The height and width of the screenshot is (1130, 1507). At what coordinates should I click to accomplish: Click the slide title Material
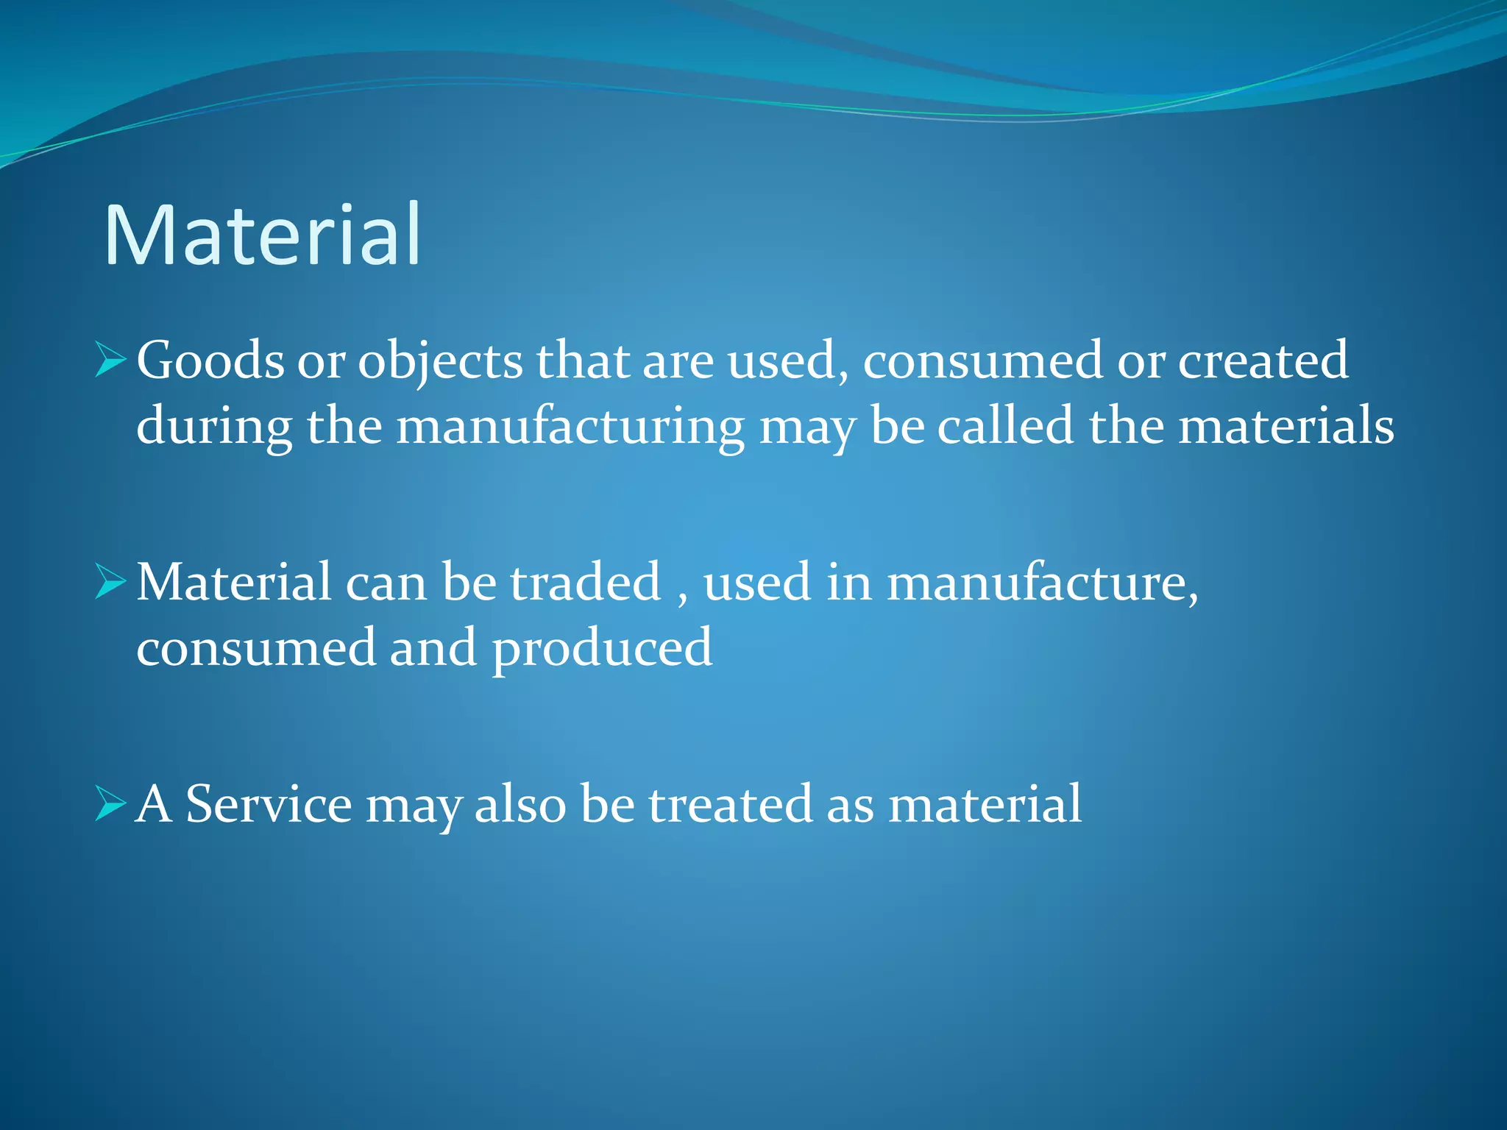(x=263, y=235)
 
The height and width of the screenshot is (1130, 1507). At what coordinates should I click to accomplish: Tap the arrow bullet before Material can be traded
(x=110, y=582)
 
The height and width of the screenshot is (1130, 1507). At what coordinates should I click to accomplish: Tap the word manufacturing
(x=570, y=428)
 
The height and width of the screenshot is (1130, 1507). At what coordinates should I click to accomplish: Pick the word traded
(x=586, y=582)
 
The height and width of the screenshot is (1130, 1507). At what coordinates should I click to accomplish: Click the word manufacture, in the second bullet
(x=1042, y=582)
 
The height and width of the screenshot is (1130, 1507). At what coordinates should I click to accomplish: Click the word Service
(x=269, y=803)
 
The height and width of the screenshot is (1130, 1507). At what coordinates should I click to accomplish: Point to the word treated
(x=731, y=803)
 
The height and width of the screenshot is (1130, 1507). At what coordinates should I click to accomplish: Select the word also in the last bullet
(x=520, y=803)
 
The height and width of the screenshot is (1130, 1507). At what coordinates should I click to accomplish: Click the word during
(x=214, y=428)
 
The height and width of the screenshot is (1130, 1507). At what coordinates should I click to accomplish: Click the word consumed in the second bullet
(x=255, y=649)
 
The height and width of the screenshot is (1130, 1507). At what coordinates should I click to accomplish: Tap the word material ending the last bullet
(x=985, y=803)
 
